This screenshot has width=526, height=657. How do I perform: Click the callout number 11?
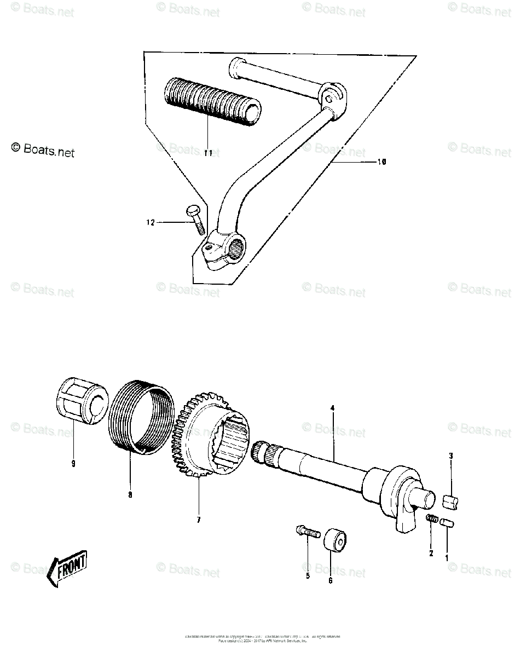coord(207,153)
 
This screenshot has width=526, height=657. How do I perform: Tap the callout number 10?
coord(382,162)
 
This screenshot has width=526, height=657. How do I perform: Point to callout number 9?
coord(73,464)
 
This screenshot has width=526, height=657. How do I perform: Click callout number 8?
coord(130,495)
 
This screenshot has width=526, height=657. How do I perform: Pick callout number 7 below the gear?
coord(199,519)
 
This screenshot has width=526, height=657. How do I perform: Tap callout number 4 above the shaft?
coord(332,407)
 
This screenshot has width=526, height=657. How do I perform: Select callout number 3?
coord(450,456)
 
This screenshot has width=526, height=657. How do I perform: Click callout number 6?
coord(330,580)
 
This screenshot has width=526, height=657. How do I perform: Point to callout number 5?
coord(308,575)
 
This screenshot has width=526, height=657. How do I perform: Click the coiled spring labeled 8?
coord(141,419)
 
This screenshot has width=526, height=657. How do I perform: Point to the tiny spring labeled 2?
coord(432,518)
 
